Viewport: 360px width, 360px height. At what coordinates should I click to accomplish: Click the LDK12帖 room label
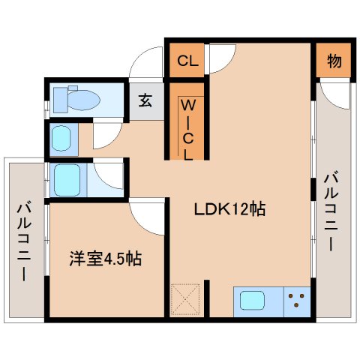click(230, 211)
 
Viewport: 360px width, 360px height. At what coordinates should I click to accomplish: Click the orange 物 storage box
click(334, 61)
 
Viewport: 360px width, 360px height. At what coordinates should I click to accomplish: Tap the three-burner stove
click(298, 303)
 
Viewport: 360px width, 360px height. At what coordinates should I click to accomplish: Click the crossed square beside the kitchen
click(185, 301)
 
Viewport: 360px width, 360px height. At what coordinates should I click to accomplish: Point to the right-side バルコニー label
click(331, 212)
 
